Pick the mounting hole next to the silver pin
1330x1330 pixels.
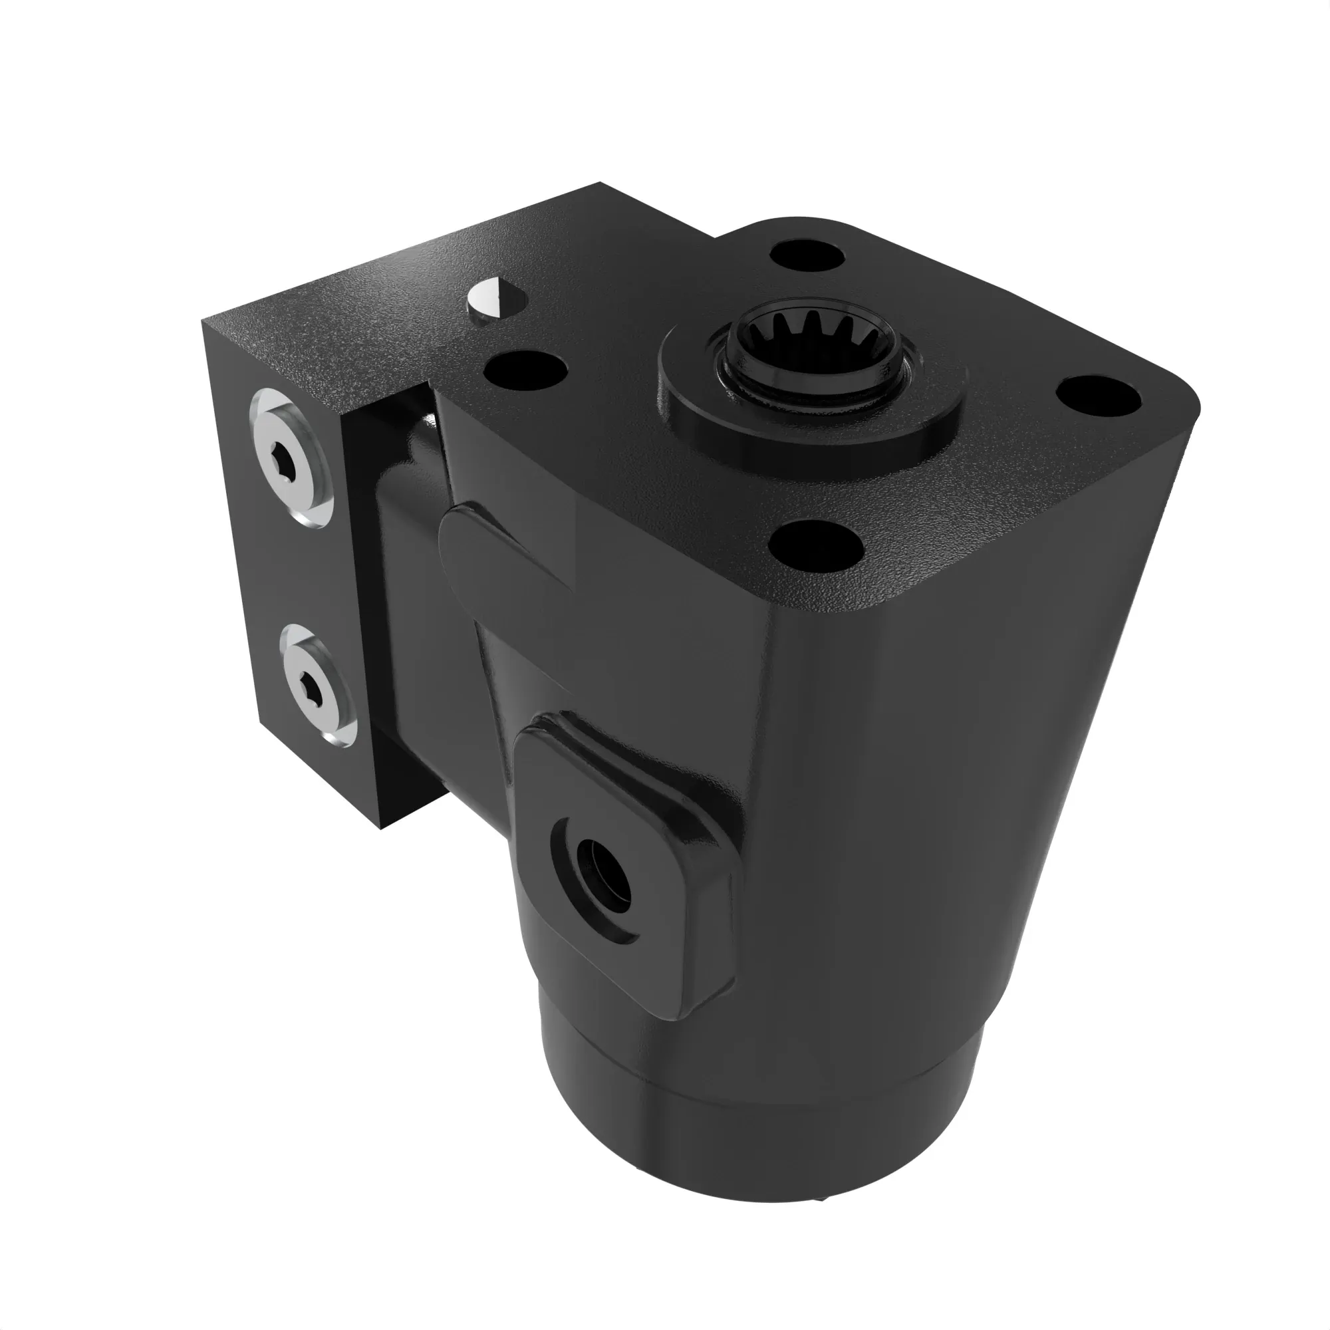tap(526, 371)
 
